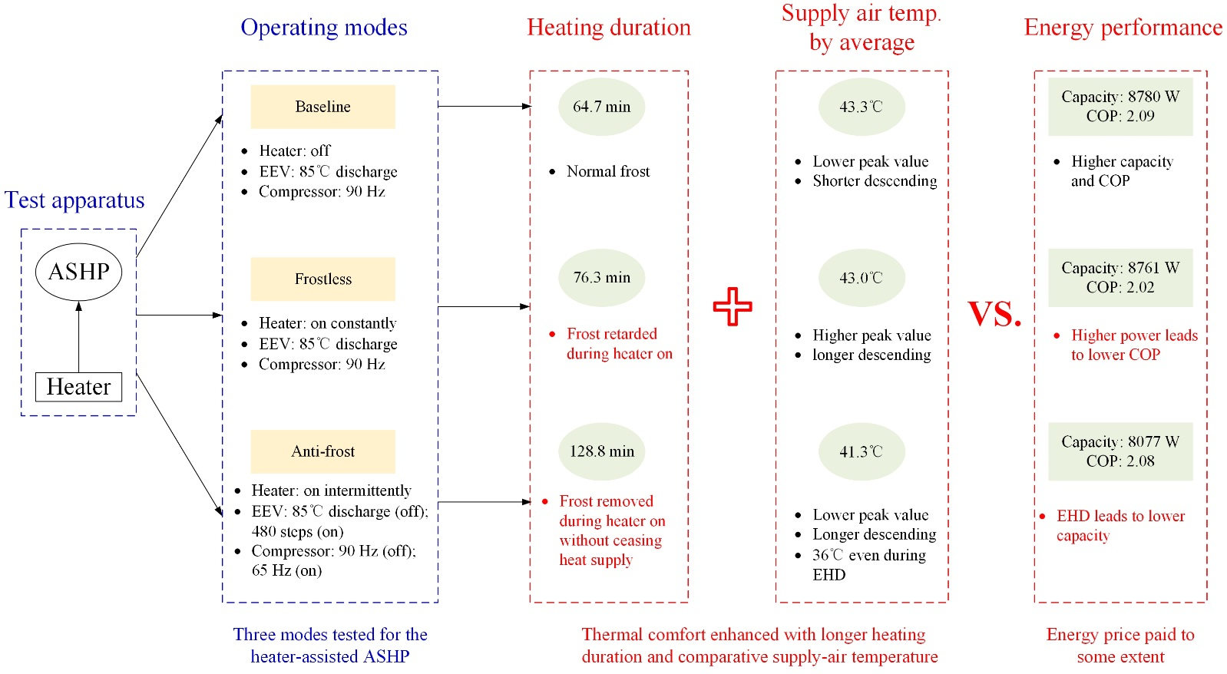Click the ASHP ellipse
(78, 272)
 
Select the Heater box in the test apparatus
(78, 387)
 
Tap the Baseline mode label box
(322, 107)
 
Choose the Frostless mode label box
(322, 279)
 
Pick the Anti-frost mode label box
(322, 451)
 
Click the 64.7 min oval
(601, 107)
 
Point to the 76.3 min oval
(601, 278)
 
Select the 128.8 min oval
(601, 451)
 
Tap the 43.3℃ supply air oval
(861, 107)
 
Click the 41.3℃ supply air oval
(861, 451)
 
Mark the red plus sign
(733, 306)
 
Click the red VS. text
(994, 313)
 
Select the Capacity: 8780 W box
(1120, 107)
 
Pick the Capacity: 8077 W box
(1120, 451)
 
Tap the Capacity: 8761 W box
(1120, 278)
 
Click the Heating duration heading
(608, 28)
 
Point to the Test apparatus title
(74, 200)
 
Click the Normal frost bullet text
(607, 171)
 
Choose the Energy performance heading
(1123, 28)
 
